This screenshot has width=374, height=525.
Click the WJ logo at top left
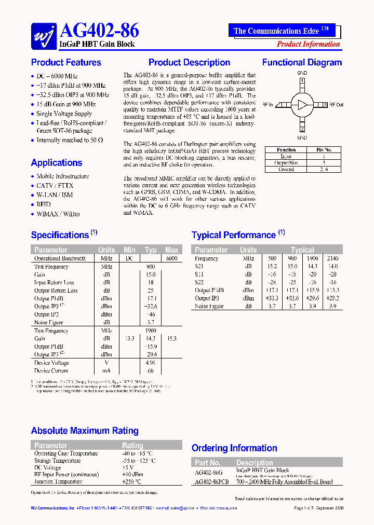pos(44,36)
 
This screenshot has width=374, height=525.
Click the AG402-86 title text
pos(99,31)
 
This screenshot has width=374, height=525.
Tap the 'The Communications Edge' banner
pos(281,31)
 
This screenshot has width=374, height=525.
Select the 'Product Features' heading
pos(66,63)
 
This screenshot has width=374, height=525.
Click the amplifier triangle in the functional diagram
pos(302,105)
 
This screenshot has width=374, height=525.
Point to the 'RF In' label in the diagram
pos(268,105)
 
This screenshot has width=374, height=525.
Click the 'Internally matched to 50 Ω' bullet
pos(70,140)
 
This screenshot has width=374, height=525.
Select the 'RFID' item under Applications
pos(44,204)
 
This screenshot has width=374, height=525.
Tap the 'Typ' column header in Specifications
pos(151,250)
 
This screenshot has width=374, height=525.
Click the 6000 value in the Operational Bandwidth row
pos(171,258)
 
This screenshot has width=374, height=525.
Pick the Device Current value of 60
pos(151,371)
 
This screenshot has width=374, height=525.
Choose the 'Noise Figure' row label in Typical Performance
pos(209,306)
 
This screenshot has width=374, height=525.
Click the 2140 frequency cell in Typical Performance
pos(332,258)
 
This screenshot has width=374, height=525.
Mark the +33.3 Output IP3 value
pos(272,298)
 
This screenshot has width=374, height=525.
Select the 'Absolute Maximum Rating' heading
pos(85,431)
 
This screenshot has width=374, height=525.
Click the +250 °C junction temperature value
pos(132,481)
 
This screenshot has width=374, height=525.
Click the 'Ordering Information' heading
pos(234,448)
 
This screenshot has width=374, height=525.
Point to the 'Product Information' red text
pos(308,44)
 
